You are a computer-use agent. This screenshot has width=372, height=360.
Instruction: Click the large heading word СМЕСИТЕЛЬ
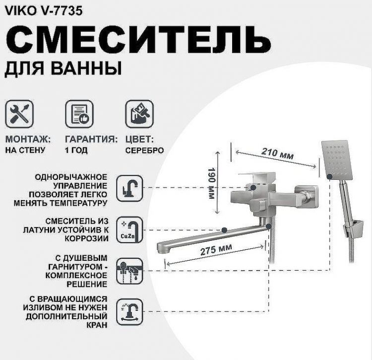tap(132, 38)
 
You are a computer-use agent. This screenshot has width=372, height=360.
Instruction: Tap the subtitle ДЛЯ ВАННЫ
tap(63, 68)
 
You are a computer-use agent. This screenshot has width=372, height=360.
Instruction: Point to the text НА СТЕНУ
tap(25, 150)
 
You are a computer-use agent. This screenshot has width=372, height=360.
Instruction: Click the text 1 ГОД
tap(76, 150)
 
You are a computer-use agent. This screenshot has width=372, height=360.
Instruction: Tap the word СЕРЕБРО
tap(144, 150)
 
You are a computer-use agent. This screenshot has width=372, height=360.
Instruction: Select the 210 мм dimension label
tap(277, 154)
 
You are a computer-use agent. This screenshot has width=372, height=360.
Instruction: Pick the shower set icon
tap(129, 271)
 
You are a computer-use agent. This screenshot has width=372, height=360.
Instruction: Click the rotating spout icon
tap(129, 311)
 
